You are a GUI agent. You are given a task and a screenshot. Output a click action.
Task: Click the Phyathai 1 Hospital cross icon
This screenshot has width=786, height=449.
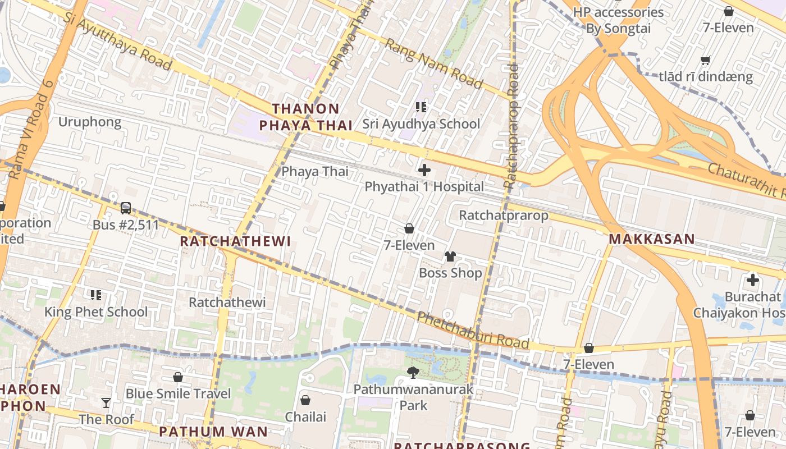point(424,169)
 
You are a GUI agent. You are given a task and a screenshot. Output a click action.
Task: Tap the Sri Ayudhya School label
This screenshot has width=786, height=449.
point(421,124)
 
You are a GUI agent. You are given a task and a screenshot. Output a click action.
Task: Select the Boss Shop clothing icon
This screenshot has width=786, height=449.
point(450,256)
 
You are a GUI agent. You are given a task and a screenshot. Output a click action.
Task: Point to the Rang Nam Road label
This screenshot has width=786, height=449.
point(434,63)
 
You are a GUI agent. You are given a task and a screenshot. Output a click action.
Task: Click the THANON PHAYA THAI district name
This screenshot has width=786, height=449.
point(306,117)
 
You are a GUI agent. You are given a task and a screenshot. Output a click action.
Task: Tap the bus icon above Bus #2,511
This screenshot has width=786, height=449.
point(126,208)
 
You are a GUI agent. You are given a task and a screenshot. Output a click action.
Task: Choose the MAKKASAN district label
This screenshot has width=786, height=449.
point(651,239)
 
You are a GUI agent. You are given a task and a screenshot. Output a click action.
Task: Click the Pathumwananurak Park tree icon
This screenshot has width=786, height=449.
point(413,372)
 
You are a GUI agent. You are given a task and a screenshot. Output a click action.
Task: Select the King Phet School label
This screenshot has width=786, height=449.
point(96,312)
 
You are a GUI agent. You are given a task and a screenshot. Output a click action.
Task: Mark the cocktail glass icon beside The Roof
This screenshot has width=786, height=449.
point(106,402)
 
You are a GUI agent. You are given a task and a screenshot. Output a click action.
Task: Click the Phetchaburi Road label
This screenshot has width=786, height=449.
point(473,331)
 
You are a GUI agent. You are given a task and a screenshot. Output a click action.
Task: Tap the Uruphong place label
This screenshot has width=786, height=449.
point(90,122)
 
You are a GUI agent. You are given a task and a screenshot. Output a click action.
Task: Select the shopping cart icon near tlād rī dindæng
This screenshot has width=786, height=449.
point(706,60)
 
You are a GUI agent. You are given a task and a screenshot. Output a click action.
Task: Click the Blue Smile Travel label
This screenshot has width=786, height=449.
point(178,393)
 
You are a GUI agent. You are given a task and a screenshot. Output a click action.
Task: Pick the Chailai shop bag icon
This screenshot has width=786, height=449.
point(305,400)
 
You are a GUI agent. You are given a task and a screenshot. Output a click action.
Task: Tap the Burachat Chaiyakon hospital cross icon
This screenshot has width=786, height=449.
point(752,280)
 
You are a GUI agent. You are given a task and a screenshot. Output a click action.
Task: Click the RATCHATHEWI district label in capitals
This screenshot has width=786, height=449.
point(235,241)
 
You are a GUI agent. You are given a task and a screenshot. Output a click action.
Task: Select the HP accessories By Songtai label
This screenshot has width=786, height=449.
point(618,20)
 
